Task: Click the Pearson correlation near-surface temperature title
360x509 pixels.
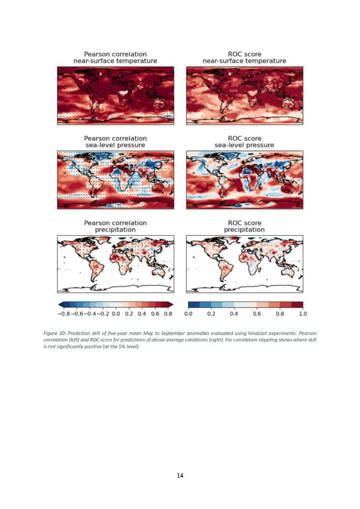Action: click(x=115, y=57)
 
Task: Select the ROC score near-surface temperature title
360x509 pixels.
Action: click(x=244, y=57)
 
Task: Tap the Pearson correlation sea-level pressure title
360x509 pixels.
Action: click(x=115, y=142)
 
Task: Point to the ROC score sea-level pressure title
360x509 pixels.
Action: click(x=244, y=142)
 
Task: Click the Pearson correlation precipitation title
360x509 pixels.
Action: click(x=115, y=226)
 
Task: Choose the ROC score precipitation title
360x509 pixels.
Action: click(x=244, y=226)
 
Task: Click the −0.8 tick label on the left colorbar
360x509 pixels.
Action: click(x=64, y=314)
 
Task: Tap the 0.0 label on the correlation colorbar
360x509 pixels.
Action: click(x=116, y=314)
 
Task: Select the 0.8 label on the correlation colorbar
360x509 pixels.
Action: click(x=168, y=314)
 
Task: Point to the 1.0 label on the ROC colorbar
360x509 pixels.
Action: click(x=303, y=314)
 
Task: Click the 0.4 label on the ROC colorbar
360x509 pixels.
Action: click(x=234, y=314)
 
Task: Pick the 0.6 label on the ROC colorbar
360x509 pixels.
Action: click(x=257, y=314)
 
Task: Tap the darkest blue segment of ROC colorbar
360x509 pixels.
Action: click(x=194, y=304)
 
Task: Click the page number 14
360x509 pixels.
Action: click(x=180, y=475)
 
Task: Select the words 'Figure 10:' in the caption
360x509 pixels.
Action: click(x=54, y=333)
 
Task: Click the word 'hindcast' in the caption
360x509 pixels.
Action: click(x=257, y=333)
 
